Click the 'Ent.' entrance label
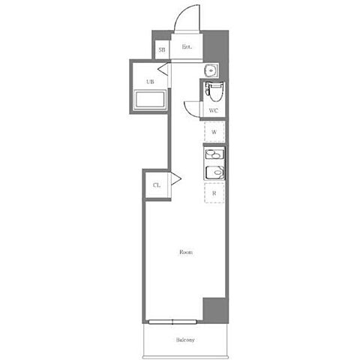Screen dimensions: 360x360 pos(187,46)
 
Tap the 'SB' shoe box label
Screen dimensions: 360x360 pos(162,49)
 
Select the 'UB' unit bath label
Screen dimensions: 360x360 pos(150,82)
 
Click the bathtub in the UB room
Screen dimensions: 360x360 pos(150,100)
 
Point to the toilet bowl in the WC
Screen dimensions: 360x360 pos(215,91)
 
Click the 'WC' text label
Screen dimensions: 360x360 pos(213,110)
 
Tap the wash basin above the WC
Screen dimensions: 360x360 pos(211,70)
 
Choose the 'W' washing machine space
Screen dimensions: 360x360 pos(214,132)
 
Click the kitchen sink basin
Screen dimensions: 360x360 pos(214,172)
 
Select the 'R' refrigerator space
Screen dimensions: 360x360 pos(214,193)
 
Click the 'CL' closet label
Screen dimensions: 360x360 pos(157,185)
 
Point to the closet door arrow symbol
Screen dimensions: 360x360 pos(175,178)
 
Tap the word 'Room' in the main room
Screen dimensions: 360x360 pos(186,252)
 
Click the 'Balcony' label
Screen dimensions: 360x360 pos(185,340)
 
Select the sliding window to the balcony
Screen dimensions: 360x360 pos(172,322)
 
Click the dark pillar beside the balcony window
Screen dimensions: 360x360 pos(215,310)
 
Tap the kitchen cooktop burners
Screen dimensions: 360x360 pos(214,154)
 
